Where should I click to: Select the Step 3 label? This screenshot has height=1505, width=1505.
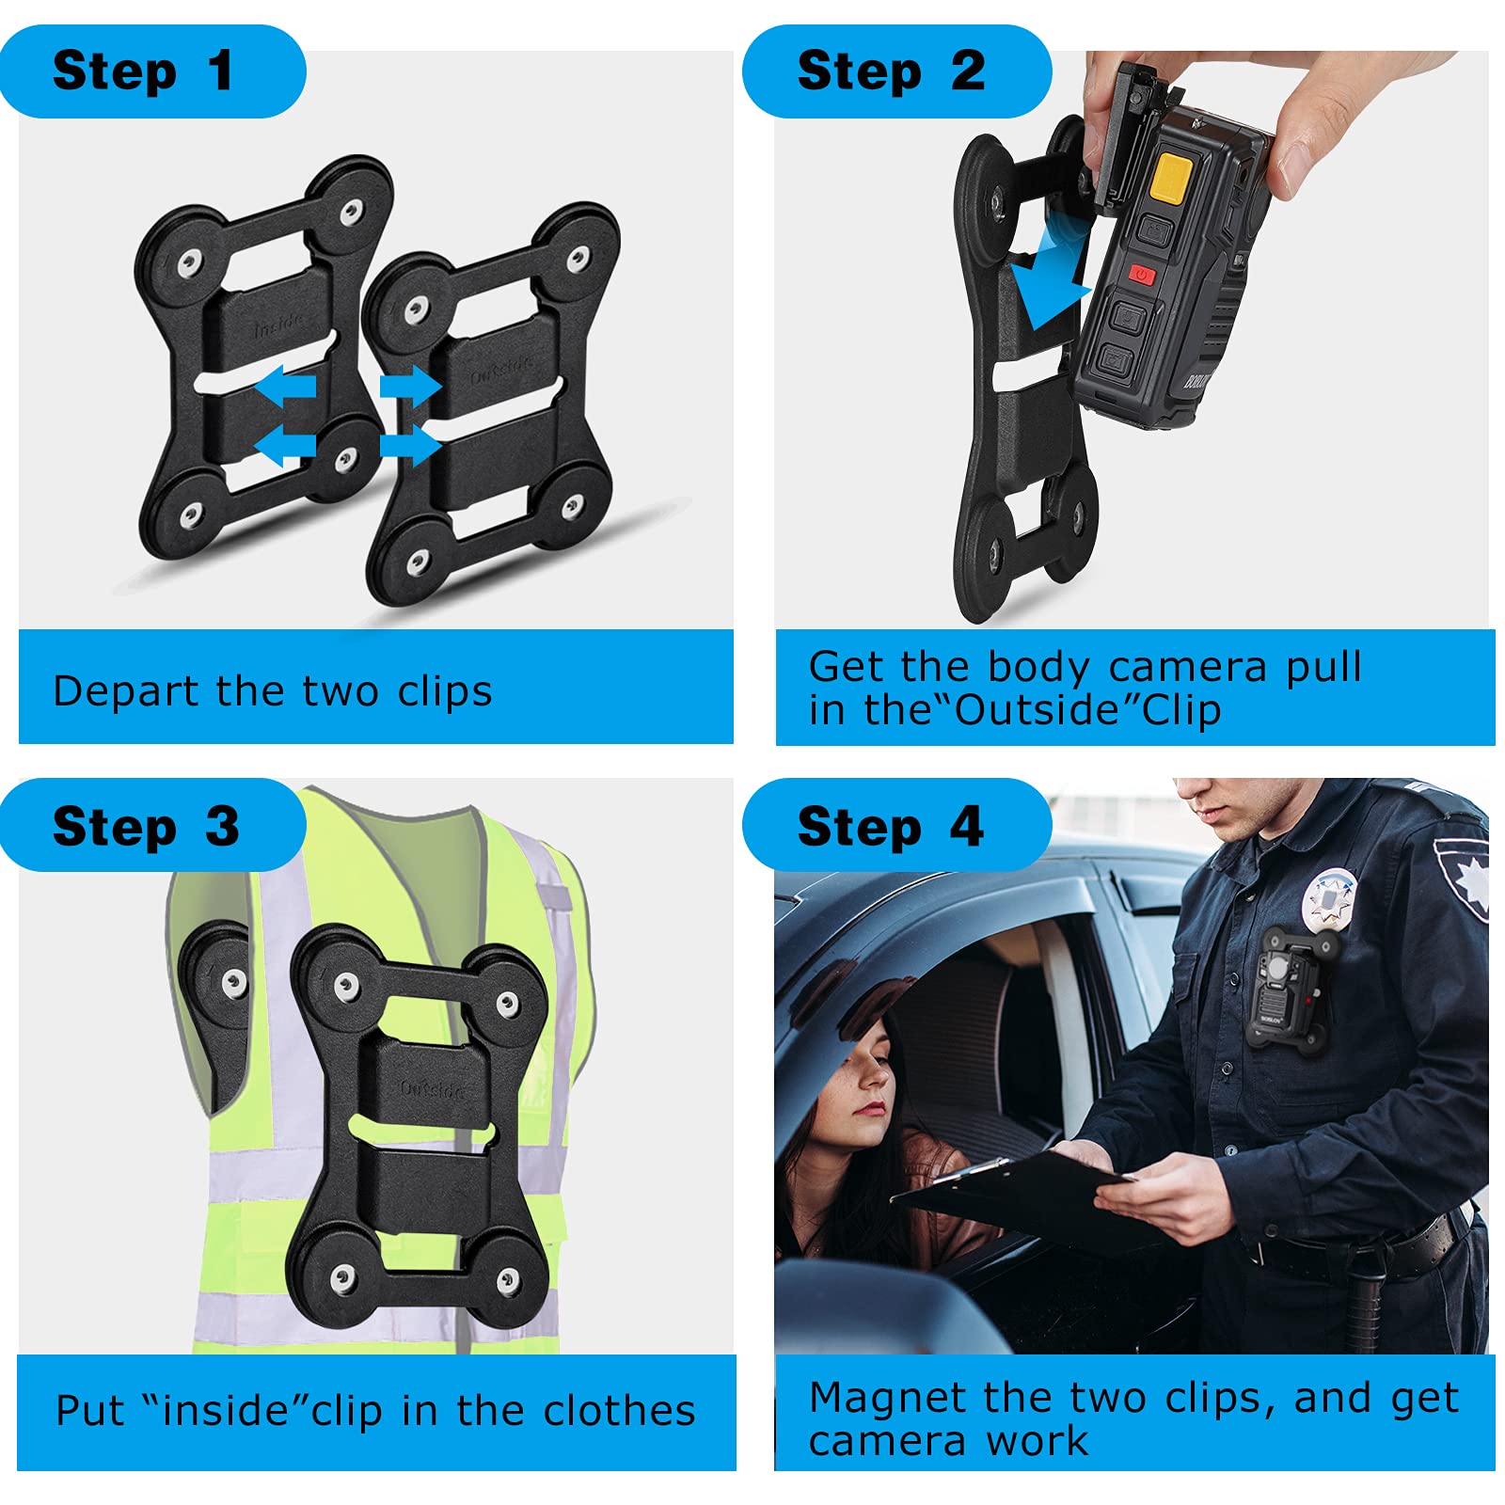[146, 827]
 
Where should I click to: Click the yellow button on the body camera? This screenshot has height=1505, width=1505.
[1172, 177]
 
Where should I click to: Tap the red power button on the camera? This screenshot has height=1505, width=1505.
[1141, 275]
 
